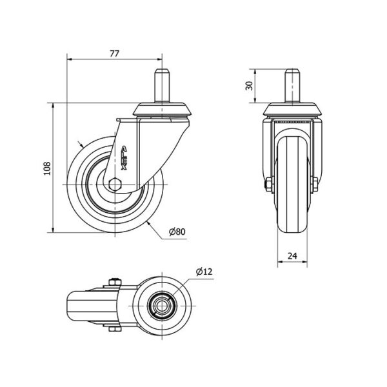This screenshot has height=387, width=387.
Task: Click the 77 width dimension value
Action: pos(115,54)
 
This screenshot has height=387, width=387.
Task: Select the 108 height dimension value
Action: pos(47,168)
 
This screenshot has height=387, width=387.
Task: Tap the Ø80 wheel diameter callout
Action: pos(177,232)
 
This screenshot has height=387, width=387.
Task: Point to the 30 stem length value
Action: pos(250,86)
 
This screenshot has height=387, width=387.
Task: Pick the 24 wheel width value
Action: pos(292,256)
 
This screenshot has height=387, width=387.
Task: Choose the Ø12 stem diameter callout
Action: pos(204,272)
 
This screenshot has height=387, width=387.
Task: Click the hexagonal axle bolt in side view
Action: pos(115,184)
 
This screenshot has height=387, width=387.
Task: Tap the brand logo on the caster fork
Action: pos(124,158)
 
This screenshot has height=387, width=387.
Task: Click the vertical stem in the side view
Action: pos(162,86)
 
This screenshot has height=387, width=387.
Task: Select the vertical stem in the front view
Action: pos(292,86)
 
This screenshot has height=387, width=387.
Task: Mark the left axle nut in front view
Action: pos(269,184)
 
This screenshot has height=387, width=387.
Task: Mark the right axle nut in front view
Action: pos(315,184)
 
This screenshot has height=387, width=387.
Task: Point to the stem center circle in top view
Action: pos(162,306)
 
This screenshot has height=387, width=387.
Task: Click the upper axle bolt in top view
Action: pos(115,283)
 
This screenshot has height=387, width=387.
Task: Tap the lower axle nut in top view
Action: pos(115,328)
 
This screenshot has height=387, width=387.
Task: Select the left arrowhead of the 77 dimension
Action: pos(70,59)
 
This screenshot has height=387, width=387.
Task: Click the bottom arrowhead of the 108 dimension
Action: pos(53,230)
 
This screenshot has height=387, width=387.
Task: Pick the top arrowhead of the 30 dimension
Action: pos(255,72)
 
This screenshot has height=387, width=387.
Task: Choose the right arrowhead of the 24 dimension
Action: pos(305,261)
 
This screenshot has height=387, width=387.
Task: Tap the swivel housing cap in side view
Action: pos(162,110)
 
